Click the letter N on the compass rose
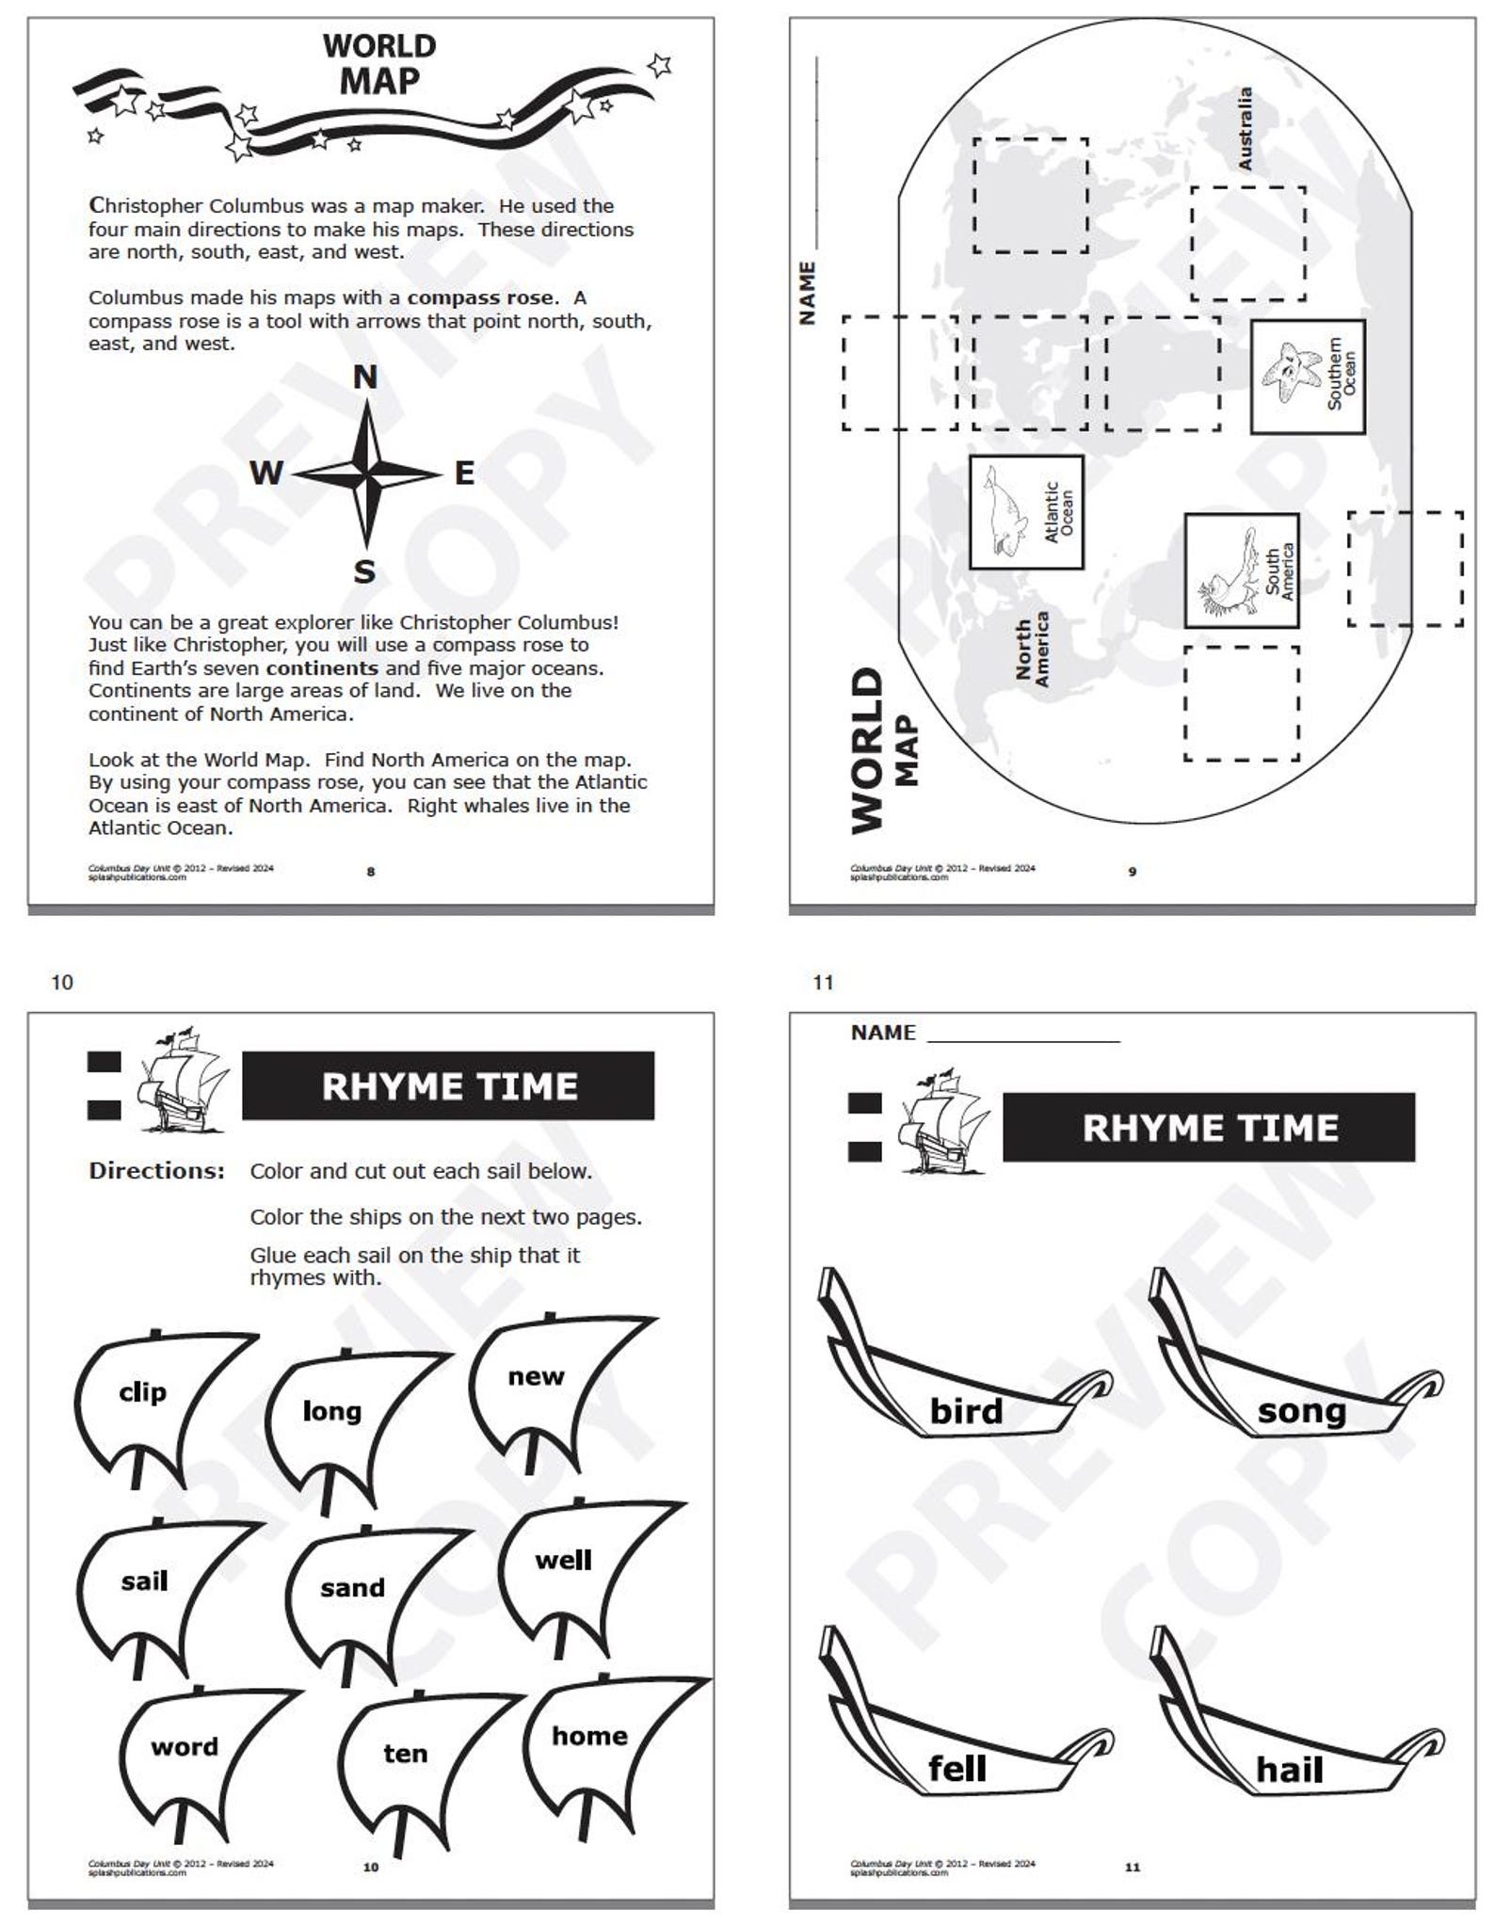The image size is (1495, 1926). tap(365, 377)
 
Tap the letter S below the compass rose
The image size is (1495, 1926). tap(364, 571)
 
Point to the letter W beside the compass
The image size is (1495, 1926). tap(265, 473)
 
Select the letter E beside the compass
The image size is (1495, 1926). tap(464, 473)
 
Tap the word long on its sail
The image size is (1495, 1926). tap(331, 1411)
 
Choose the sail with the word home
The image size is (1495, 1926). tap(589, 1736)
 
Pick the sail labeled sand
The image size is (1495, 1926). tap(352, 1588)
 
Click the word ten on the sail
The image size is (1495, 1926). tap(405, 1753)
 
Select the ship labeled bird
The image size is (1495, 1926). tap(966, 1411)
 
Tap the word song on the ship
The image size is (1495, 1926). tap(1302, 1411)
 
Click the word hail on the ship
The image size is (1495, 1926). tap(1289, 1770)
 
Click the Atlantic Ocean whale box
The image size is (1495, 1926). tap(1026, 512)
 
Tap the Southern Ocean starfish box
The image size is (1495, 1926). tap(1307, 376)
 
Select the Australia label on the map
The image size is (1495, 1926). tap(1245, 129)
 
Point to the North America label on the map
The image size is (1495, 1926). tap(1032, 650)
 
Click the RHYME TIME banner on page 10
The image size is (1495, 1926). tap(448, 1085)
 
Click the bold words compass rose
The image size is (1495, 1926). tap(479, 297)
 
